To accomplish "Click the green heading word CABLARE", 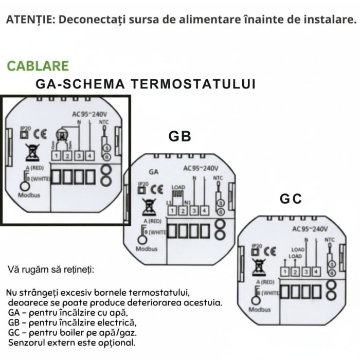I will pos(38,66).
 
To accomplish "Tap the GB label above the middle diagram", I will pos(179,136).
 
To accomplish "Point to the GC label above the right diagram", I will pos(291,199).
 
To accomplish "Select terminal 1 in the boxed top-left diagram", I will pos(57,154).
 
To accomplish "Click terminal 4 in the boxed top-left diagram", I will pos(89,154).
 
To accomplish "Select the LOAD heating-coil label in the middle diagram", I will pos(178,189).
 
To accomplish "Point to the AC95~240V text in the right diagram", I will pos(310,229).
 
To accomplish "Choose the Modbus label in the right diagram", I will pos(260,310).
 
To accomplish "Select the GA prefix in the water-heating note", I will pos(13,313).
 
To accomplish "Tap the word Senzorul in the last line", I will pos(26,342).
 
